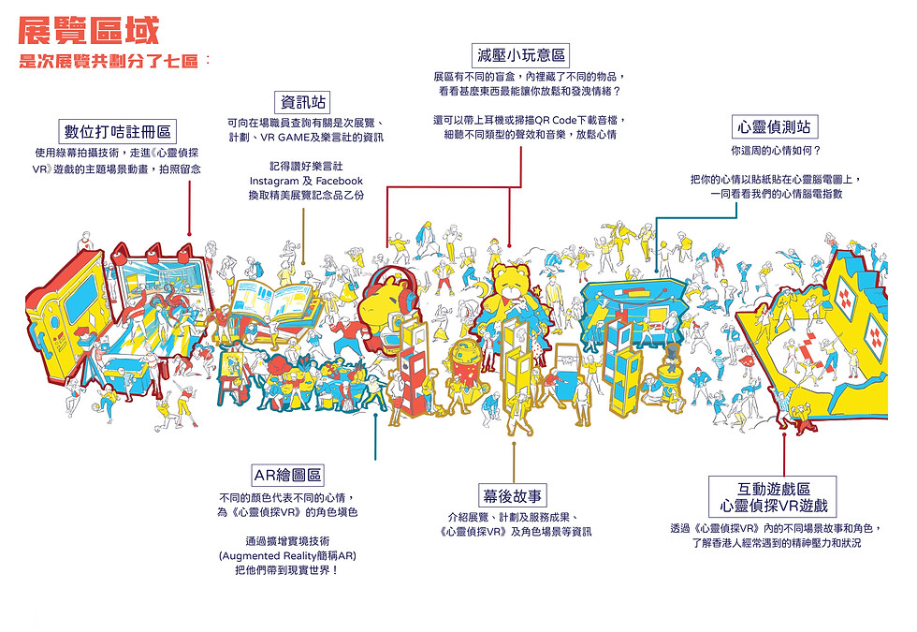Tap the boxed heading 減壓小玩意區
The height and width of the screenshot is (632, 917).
(x=520, y=55)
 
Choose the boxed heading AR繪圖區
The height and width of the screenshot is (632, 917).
(x=288, y=475)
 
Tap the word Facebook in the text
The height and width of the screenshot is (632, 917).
(x=339, y=181)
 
